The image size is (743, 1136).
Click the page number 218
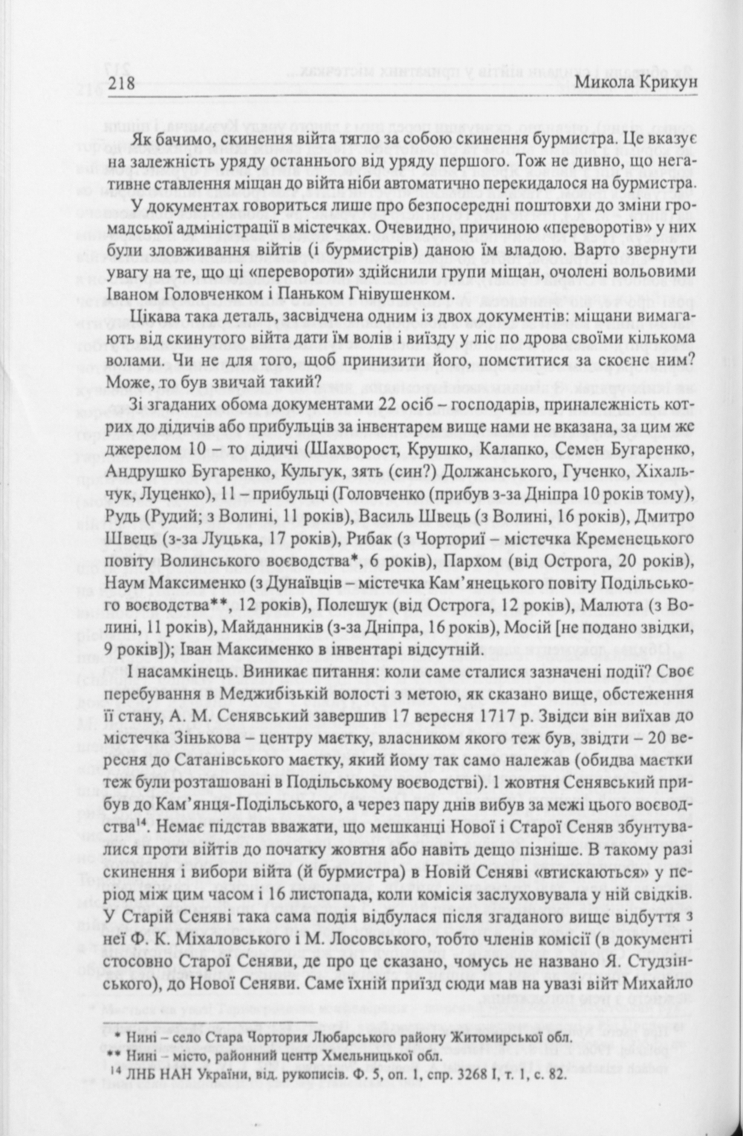120,82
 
